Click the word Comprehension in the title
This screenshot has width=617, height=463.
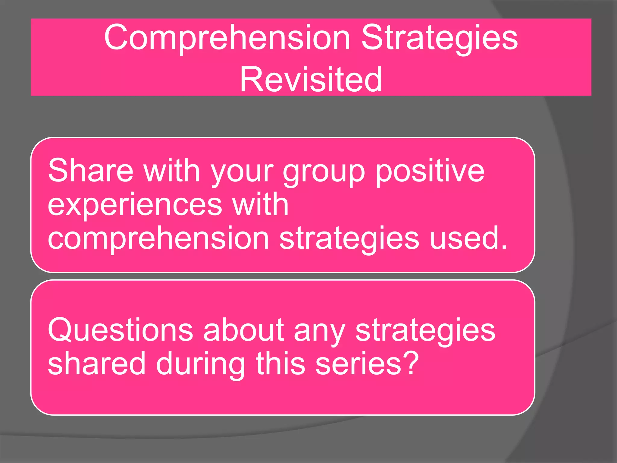pyautogui.click(x=227, y=39)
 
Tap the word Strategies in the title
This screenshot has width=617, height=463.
pyautogui.click(x=439, y=39)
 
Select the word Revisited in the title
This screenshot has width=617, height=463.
pyautogui.click(x=311, y=80)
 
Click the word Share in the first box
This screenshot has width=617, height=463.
pyautogui.click(x=90, y=171)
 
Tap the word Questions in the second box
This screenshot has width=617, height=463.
pyautogui.click(x=120, y=331)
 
